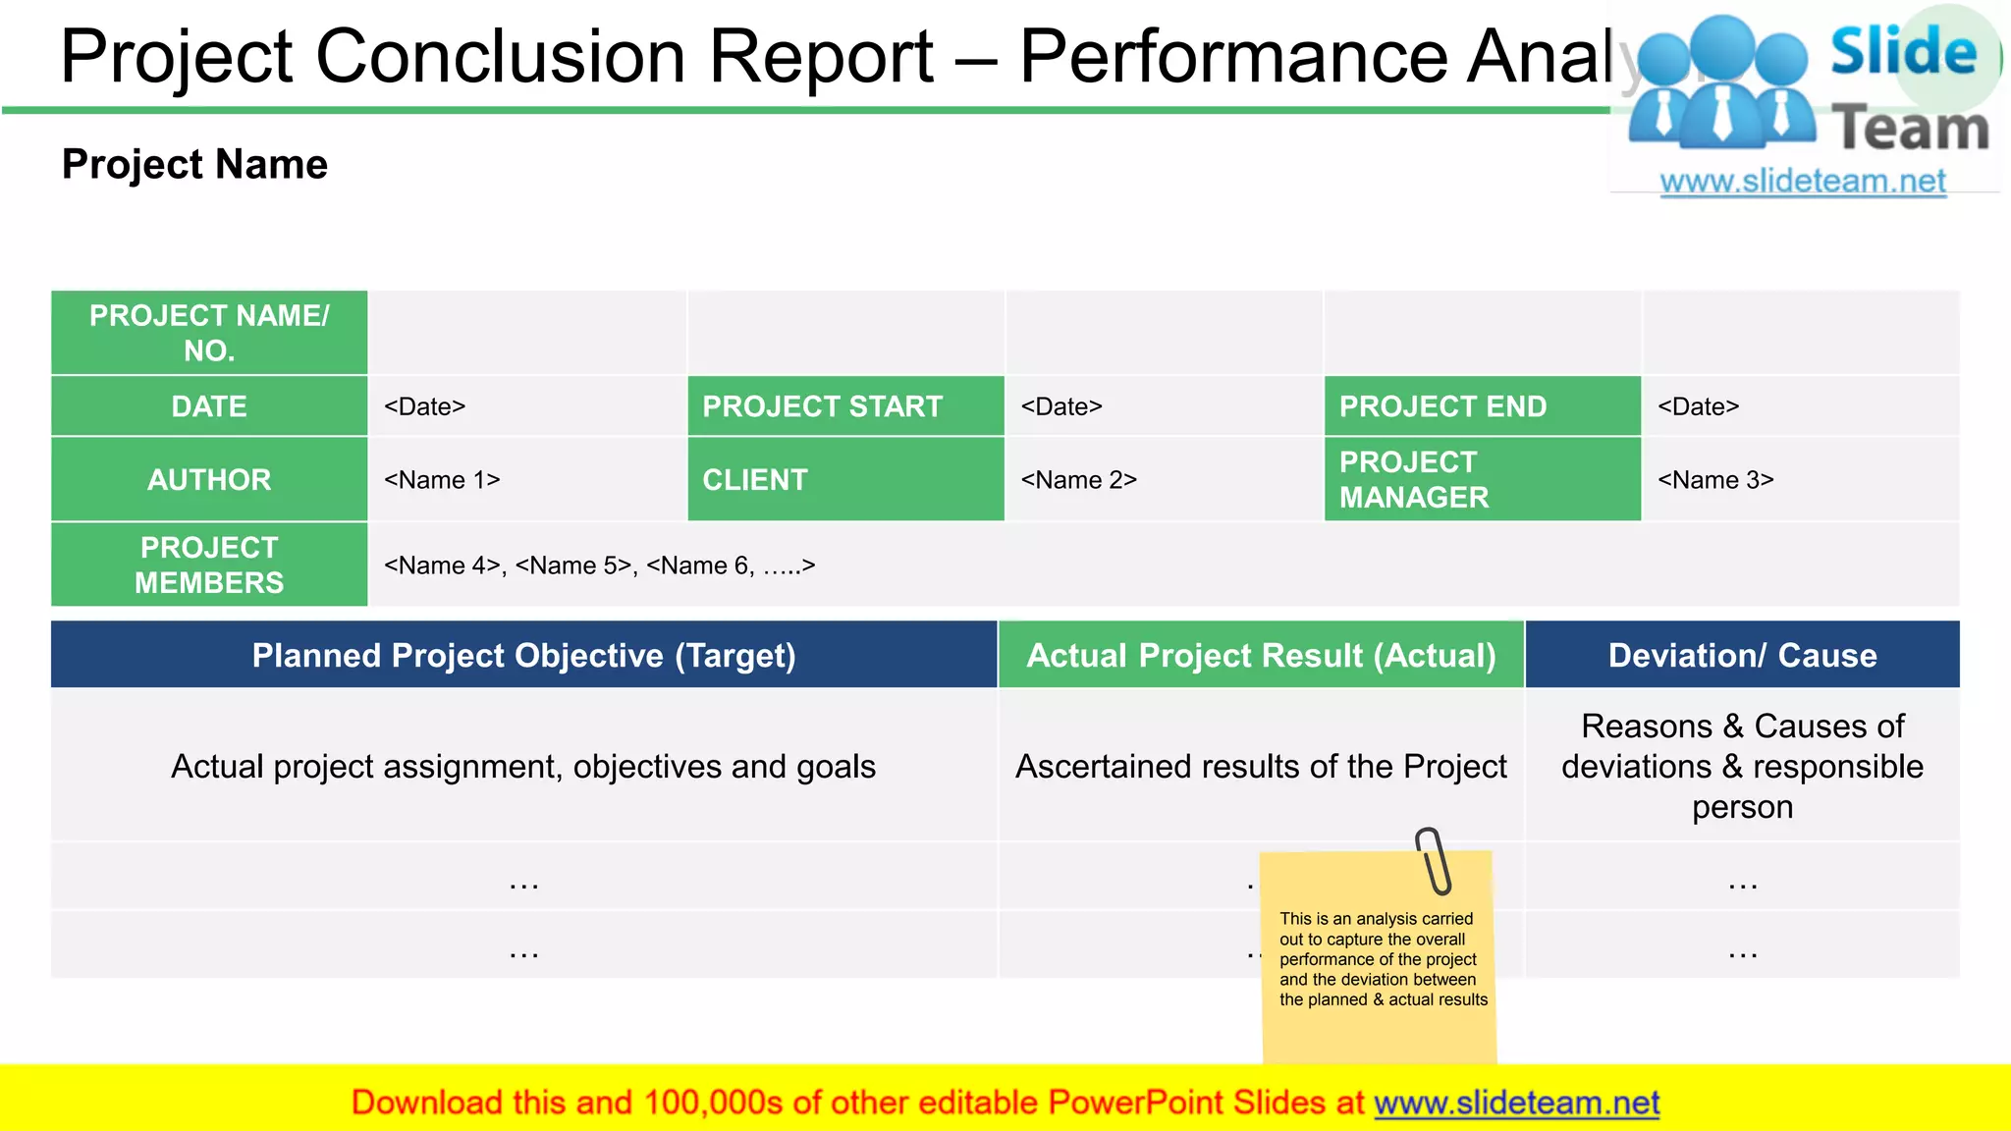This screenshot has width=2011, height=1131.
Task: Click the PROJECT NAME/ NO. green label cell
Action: (209, 333)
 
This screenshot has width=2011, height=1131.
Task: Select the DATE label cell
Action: (209, 406)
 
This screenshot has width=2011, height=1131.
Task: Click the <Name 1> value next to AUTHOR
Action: (442, 480)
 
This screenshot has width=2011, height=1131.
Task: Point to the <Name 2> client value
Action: (1078, 480)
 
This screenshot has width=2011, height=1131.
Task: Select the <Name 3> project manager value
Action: (1714, 480)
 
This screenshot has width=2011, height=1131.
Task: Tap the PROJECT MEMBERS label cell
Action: (209, 565)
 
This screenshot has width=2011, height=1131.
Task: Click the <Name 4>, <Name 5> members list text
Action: (599, 565)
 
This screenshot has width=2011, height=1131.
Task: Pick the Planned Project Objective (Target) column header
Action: (523, 655)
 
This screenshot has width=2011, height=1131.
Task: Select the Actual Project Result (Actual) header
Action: (1261, 655)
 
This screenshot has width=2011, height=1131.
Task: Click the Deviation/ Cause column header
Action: (1742, 655)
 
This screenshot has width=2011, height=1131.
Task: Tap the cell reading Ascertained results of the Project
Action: (1261, 766)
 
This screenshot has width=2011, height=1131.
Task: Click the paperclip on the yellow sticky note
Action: (1433, 861)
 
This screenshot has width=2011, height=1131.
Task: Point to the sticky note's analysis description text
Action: (1383, 959)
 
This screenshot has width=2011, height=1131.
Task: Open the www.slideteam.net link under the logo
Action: (1802, 181)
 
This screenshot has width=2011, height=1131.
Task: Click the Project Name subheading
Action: (194, 164)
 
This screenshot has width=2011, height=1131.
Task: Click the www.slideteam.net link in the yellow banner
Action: (1516, 1103)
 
